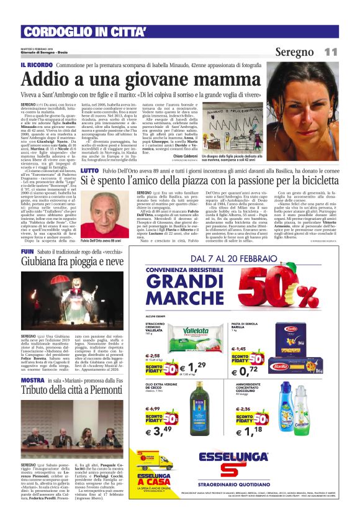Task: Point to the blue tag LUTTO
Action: click(89, 152)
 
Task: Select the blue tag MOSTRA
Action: click(32, 379)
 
